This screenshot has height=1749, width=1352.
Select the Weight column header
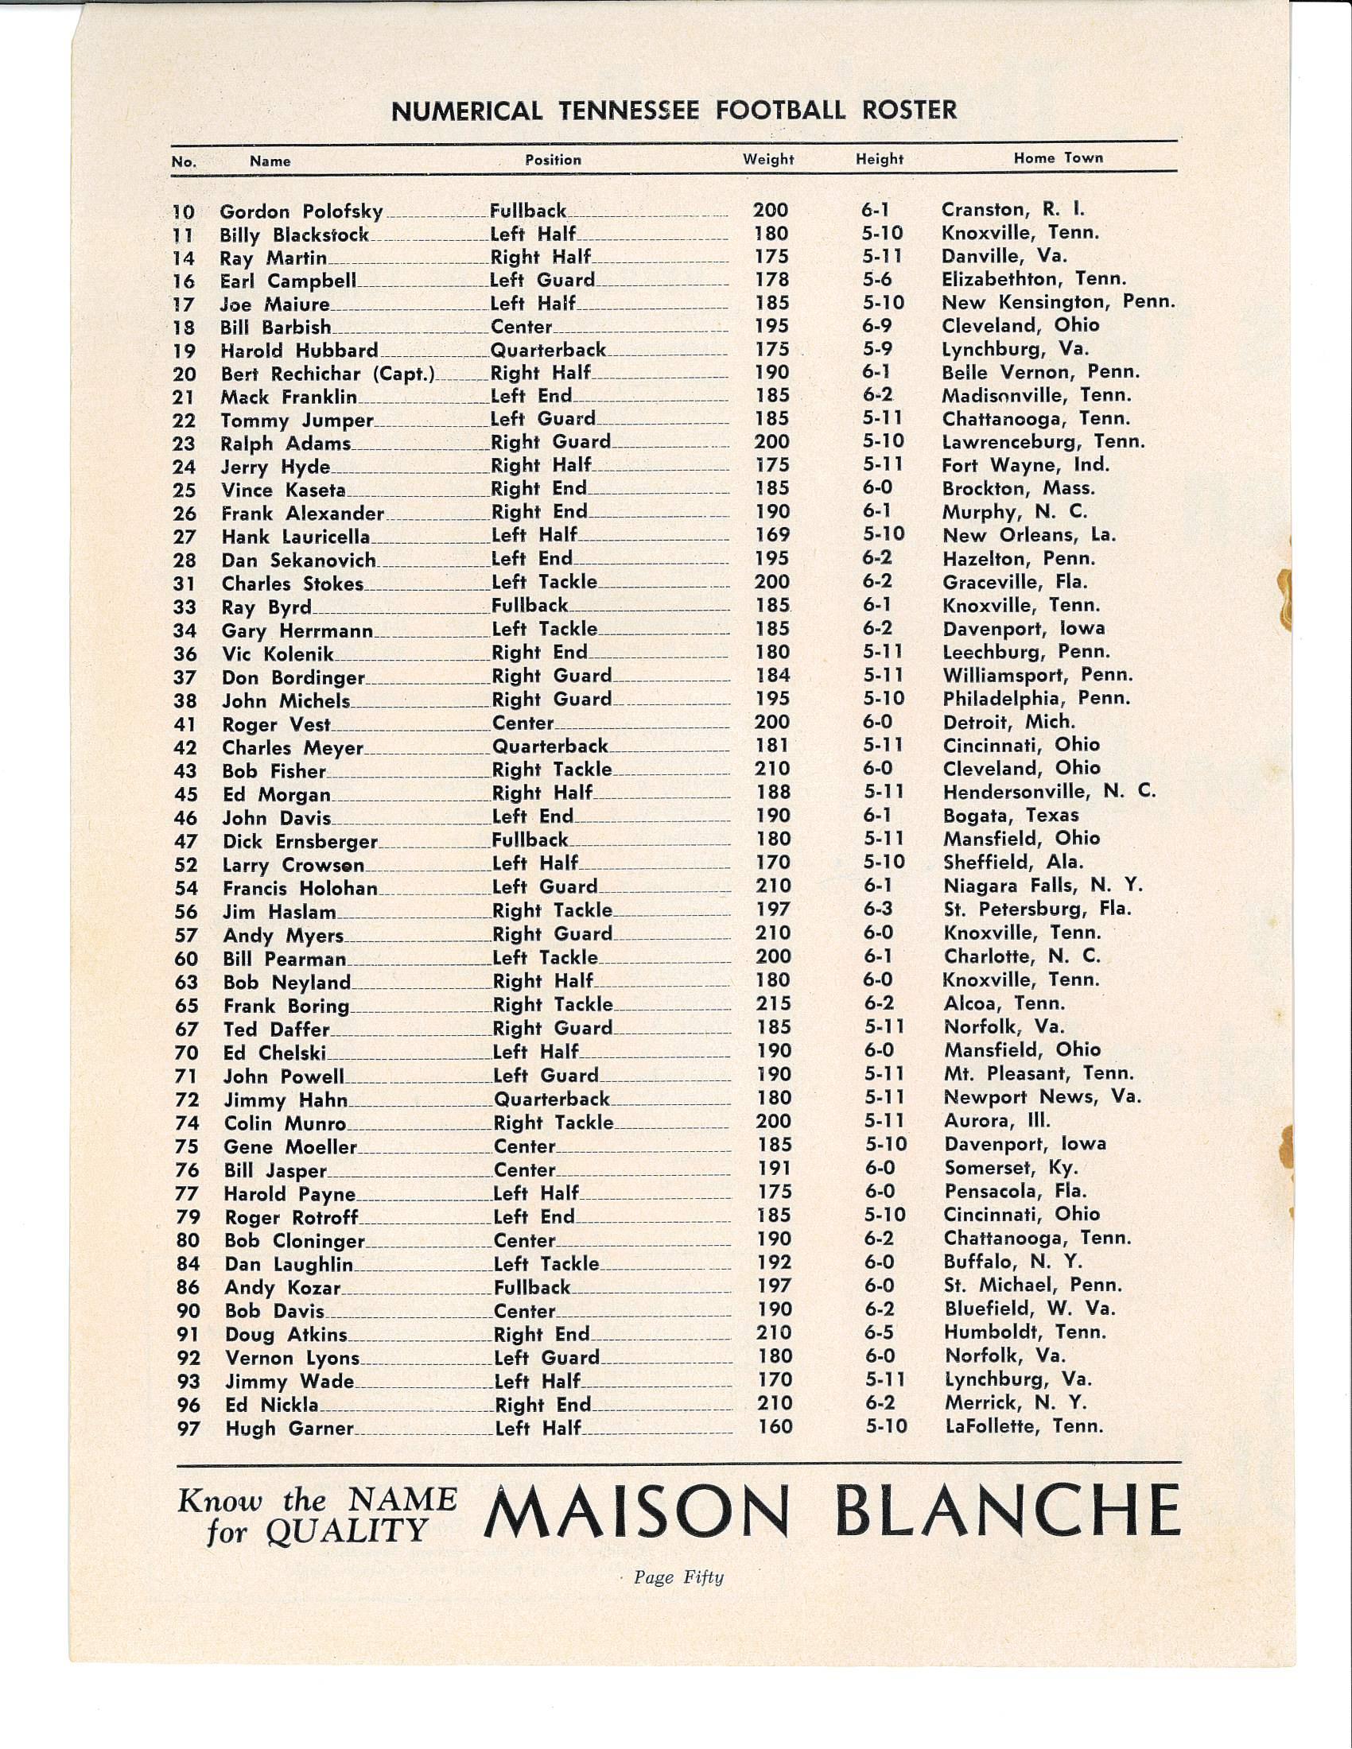(x=768, y=159)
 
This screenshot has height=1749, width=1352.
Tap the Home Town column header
(x=1058, y=157)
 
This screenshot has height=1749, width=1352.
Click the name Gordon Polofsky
(x=301, y=212)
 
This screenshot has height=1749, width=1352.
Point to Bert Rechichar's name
(x=327, y=373)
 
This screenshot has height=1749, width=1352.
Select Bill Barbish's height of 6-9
(x=877, y=326)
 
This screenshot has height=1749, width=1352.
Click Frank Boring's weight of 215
(x=773, y=1003)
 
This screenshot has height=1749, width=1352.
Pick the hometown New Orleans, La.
(x=1029, y=535)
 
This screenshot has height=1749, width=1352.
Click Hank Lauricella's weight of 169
(x=772, y=535)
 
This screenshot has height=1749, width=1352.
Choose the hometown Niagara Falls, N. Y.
(x=1043, y=886)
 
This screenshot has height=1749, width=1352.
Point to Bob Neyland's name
(x=287, y=983)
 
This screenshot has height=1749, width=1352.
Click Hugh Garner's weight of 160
(x=775, y=1426)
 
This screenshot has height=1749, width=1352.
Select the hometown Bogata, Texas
(x=1011, y=815)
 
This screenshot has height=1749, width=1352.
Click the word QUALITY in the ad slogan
(x=347, y=1531)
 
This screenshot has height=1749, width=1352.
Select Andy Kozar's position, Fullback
(x=532, y=1288)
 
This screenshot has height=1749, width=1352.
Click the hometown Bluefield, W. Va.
(x=1030, y=1309)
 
